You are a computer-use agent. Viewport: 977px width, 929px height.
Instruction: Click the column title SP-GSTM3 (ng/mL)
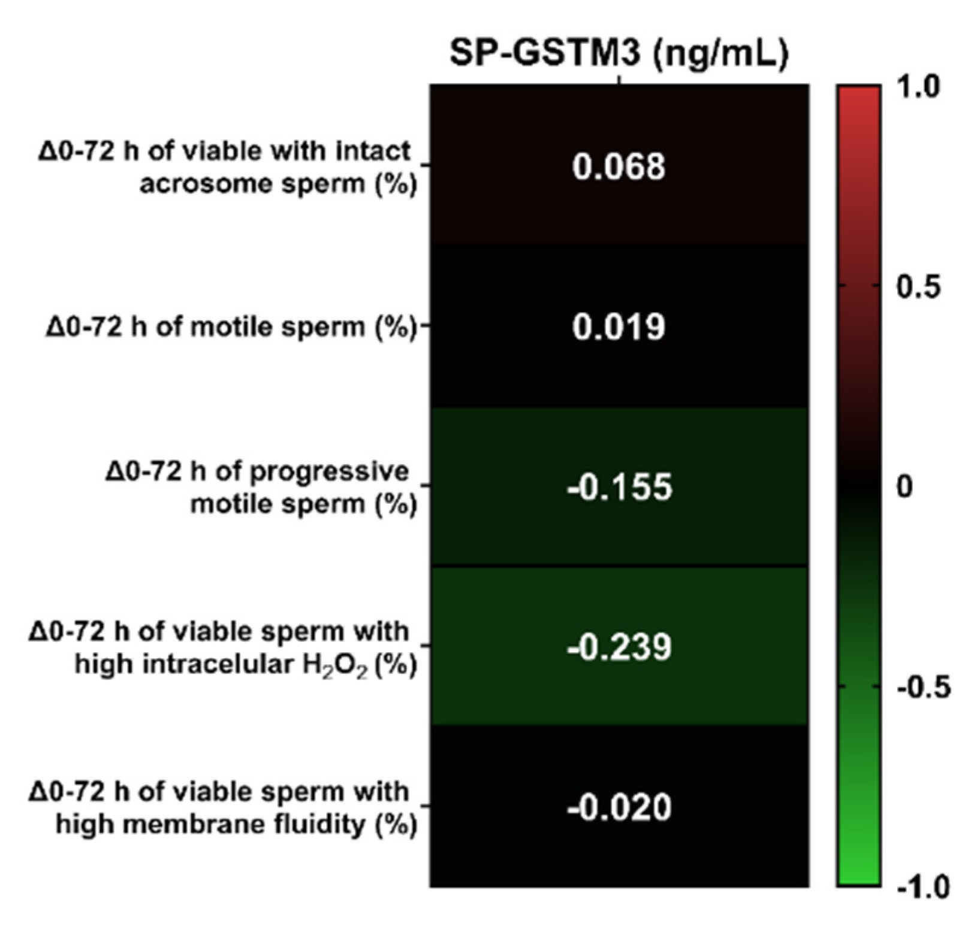pyautogui.click(x=619, y=53)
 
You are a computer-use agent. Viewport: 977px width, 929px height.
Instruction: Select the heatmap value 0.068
pyautogui.click(x=619, y=167)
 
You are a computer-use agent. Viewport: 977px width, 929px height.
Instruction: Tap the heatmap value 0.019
pyautogui.click(x=619, y=327)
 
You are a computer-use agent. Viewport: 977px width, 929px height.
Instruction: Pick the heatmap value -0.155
pyautogui.click(x=619, y=487)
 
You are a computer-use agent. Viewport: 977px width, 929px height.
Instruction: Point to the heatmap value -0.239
pyautogui.click(x=619, y=647)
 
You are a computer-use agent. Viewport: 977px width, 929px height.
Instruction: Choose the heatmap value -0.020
pyautogui.click(x=619, y=807)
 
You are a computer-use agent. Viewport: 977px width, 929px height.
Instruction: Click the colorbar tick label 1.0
pyautogui.click(x=918, y=87)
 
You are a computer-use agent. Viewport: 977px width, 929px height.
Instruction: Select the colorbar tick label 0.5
pyautogui.click(x=918, y=287)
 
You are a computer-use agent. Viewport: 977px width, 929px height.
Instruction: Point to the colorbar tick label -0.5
pyautogui.click(x=923, y=687)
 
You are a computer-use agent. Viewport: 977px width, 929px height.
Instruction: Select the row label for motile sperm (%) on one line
pyautogui.click(x=231, y=327)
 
